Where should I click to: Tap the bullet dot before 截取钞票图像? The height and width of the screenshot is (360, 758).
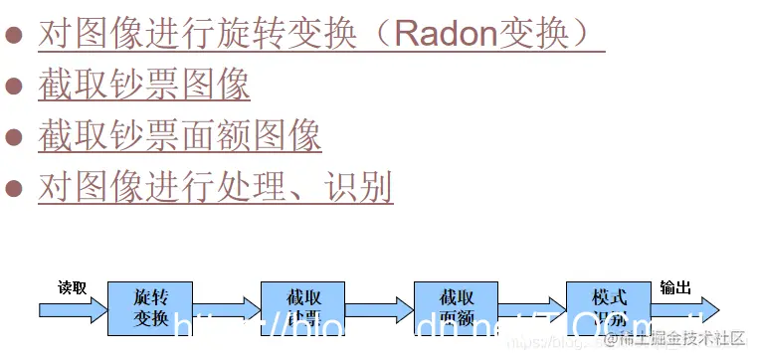(x=14, y=87)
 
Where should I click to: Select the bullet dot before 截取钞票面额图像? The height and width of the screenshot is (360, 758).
(x=14, y=136)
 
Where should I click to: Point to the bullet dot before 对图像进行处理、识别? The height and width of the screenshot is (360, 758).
(x=14, y=187)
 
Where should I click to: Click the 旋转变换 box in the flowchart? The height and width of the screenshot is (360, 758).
(x=150, y=308)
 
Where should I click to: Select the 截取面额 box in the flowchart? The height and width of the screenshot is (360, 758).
(x=456, y=308)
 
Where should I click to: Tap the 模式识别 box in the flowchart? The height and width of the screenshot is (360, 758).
(x=609, y=308)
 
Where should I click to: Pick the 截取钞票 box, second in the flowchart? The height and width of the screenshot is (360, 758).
(x=302, y=308)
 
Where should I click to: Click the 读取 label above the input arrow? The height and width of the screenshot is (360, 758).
(x=72, y=288)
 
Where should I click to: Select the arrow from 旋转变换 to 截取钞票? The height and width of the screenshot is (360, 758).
(x=227, y=309)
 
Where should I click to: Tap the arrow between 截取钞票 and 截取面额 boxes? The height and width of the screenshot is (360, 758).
(x=379, y=309)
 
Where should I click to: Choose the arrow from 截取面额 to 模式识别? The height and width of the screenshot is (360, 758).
(x=532, y=309)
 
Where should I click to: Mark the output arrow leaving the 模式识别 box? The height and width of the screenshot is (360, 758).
(x=686, y=309)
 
